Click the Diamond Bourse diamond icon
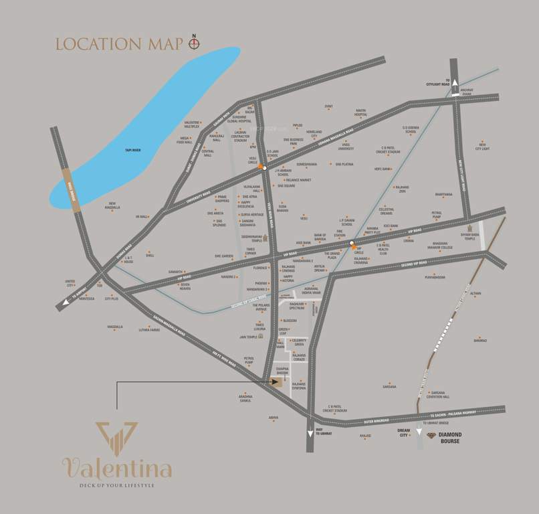pos(431,435)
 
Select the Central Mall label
pos(207,153)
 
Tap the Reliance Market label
pos(299,180)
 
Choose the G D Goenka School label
pos(410,130)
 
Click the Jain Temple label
pos(249,337)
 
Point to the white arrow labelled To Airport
pos(66,303)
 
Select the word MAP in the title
pos(165,44)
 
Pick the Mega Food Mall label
pos(184,141)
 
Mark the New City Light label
pos(481,146)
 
